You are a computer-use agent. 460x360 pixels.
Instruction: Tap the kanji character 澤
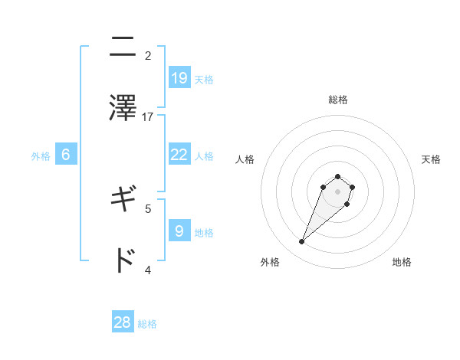tap(123, 108)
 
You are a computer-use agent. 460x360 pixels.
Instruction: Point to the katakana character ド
tap(123, 260)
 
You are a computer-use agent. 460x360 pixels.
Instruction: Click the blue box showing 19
tap(179, 77)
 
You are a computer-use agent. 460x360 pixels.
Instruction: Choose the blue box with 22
tap(179, 155)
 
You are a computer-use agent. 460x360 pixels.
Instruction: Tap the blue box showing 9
tap(179, 231)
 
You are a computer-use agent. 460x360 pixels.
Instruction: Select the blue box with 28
tap(123, 322)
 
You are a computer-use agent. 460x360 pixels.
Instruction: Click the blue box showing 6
tap(66, 155)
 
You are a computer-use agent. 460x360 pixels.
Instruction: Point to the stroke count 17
tap(148, 116)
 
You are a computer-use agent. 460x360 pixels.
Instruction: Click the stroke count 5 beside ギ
tap(148, 208)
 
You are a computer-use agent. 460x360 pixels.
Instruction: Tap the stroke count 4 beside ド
tap(148, 269)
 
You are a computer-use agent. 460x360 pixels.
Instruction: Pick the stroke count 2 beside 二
tap(148, 56)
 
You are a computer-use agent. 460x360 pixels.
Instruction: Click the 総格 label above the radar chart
tap(338, 100)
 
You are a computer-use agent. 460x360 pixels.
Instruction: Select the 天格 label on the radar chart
tap(431, 159)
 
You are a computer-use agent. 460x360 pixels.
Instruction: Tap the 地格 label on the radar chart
tap(402, 262)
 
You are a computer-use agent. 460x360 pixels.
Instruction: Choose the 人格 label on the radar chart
tap(245, 159)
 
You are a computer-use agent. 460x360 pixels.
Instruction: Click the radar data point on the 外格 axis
tap(301, 242)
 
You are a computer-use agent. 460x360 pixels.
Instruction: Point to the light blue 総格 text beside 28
tap(147, 324)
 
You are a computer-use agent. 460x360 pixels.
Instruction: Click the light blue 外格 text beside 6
tap(41, 156)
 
